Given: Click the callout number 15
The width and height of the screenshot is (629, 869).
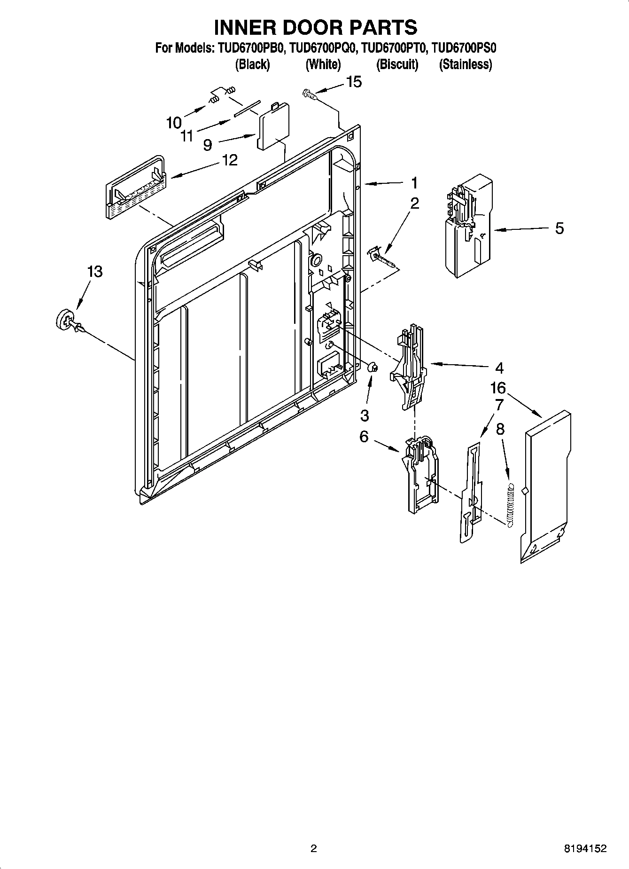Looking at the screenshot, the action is click(354, 82).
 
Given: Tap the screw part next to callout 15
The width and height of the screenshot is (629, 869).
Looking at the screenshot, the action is click(308, 94).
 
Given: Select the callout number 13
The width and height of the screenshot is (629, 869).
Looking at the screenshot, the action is click(94, 272).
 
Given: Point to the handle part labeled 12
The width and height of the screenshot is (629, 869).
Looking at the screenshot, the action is click(135, 187).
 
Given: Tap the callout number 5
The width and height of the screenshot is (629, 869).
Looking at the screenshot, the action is click(559, 228).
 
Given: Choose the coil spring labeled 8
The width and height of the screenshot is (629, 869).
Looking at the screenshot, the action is click(511, 505).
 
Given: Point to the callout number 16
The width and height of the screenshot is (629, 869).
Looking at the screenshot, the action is click(498, 388).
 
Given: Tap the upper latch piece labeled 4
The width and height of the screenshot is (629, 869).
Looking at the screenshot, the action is click(409, 367).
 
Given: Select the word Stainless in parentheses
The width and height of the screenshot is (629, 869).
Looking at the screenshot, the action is click(465, 64).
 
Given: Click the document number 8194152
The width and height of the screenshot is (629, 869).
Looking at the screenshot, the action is click(585, 849).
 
